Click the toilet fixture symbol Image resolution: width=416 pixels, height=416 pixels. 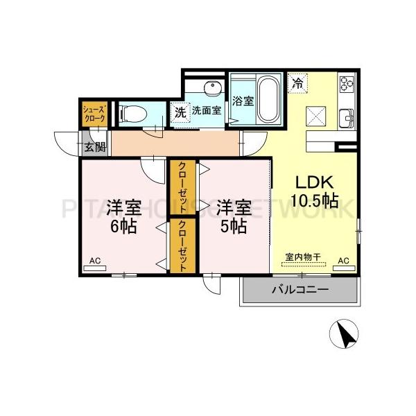tap(132, 114)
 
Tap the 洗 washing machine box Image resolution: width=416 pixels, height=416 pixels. tap(180, 112)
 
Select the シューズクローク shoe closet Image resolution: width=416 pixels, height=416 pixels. tap(94, 114)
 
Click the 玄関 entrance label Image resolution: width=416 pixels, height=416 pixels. tap(95, 147)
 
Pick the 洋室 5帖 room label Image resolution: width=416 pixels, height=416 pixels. tap(231, 216)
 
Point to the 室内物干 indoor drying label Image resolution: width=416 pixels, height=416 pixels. tap(302, 258)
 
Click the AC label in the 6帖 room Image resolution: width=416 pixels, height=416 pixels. tap(95, 261)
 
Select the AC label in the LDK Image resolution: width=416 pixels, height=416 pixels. tap(343, 261)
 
